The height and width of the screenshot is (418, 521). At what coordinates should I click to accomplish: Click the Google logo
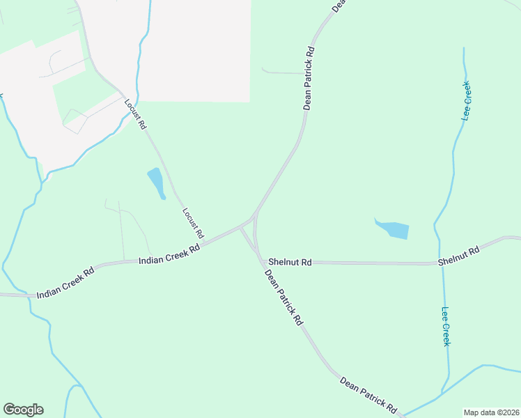pyautogui.click(x=23, y=410)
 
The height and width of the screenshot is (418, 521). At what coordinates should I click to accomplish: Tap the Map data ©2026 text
pyautogui.click(x=491, y=412)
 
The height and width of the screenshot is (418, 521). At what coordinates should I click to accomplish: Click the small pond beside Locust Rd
pyautogui.click(x=156, y=183)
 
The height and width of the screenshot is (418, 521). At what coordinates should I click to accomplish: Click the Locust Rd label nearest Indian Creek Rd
pyautogui.click(x=193, y=222)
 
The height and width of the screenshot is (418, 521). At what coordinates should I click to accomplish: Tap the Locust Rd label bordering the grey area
pyautogui.click(x=135, y=114)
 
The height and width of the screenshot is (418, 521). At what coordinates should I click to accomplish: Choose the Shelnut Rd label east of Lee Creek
pyautogui.click(x=459, y=256)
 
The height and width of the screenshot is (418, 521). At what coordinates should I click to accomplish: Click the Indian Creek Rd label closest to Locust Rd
pyautogui.click(x=169, y=253)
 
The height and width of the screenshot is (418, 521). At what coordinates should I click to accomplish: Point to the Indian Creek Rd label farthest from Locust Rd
pyautogui.click(x=65, y=284)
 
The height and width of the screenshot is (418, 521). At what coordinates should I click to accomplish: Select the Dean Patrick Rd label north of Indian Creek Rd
pyautogui.click(x=310, y=78)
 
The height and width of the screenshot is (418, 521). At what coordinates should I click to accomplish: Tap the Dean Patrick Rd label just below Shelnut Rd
pyautogui.click(x=284, y=297)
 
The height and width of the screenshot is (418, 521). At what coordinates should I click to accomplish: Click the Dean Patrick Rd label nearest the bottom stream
pyautogui.click(x=368, y=394)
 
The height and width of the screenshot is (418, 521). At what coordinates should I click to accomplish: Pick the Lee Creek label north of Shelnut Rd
pyautogui.click(x=467, y=101)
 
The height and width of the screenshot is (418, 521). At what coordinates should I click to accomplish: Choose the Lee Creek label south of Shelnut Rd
pyautogui.click(x=446, y=326)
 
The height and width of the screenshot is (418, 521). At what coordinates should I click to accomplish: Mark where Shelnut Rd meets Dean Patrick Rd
pyautogui.click(x=263, y=263)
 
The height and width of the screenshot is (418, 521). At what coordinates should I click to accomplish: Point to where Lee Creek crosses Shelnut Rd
pyautogui.click(x=440, y=263)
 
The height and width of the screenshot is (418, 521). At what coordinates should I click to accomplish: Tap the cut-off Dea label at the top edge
pyautogui.click(x=338, y=6)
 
